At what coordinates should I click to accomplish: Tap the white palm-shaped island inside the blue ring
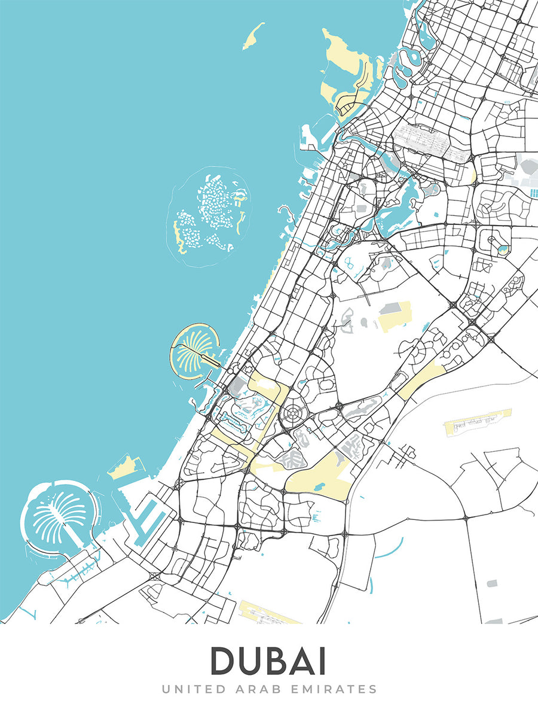click(x=56, y=515)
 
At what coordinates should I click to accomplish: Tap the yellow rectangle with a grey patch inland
click(x=395, y=316)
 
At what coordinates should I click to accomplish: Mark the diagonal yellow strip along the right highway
click(x=422, y=380)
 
